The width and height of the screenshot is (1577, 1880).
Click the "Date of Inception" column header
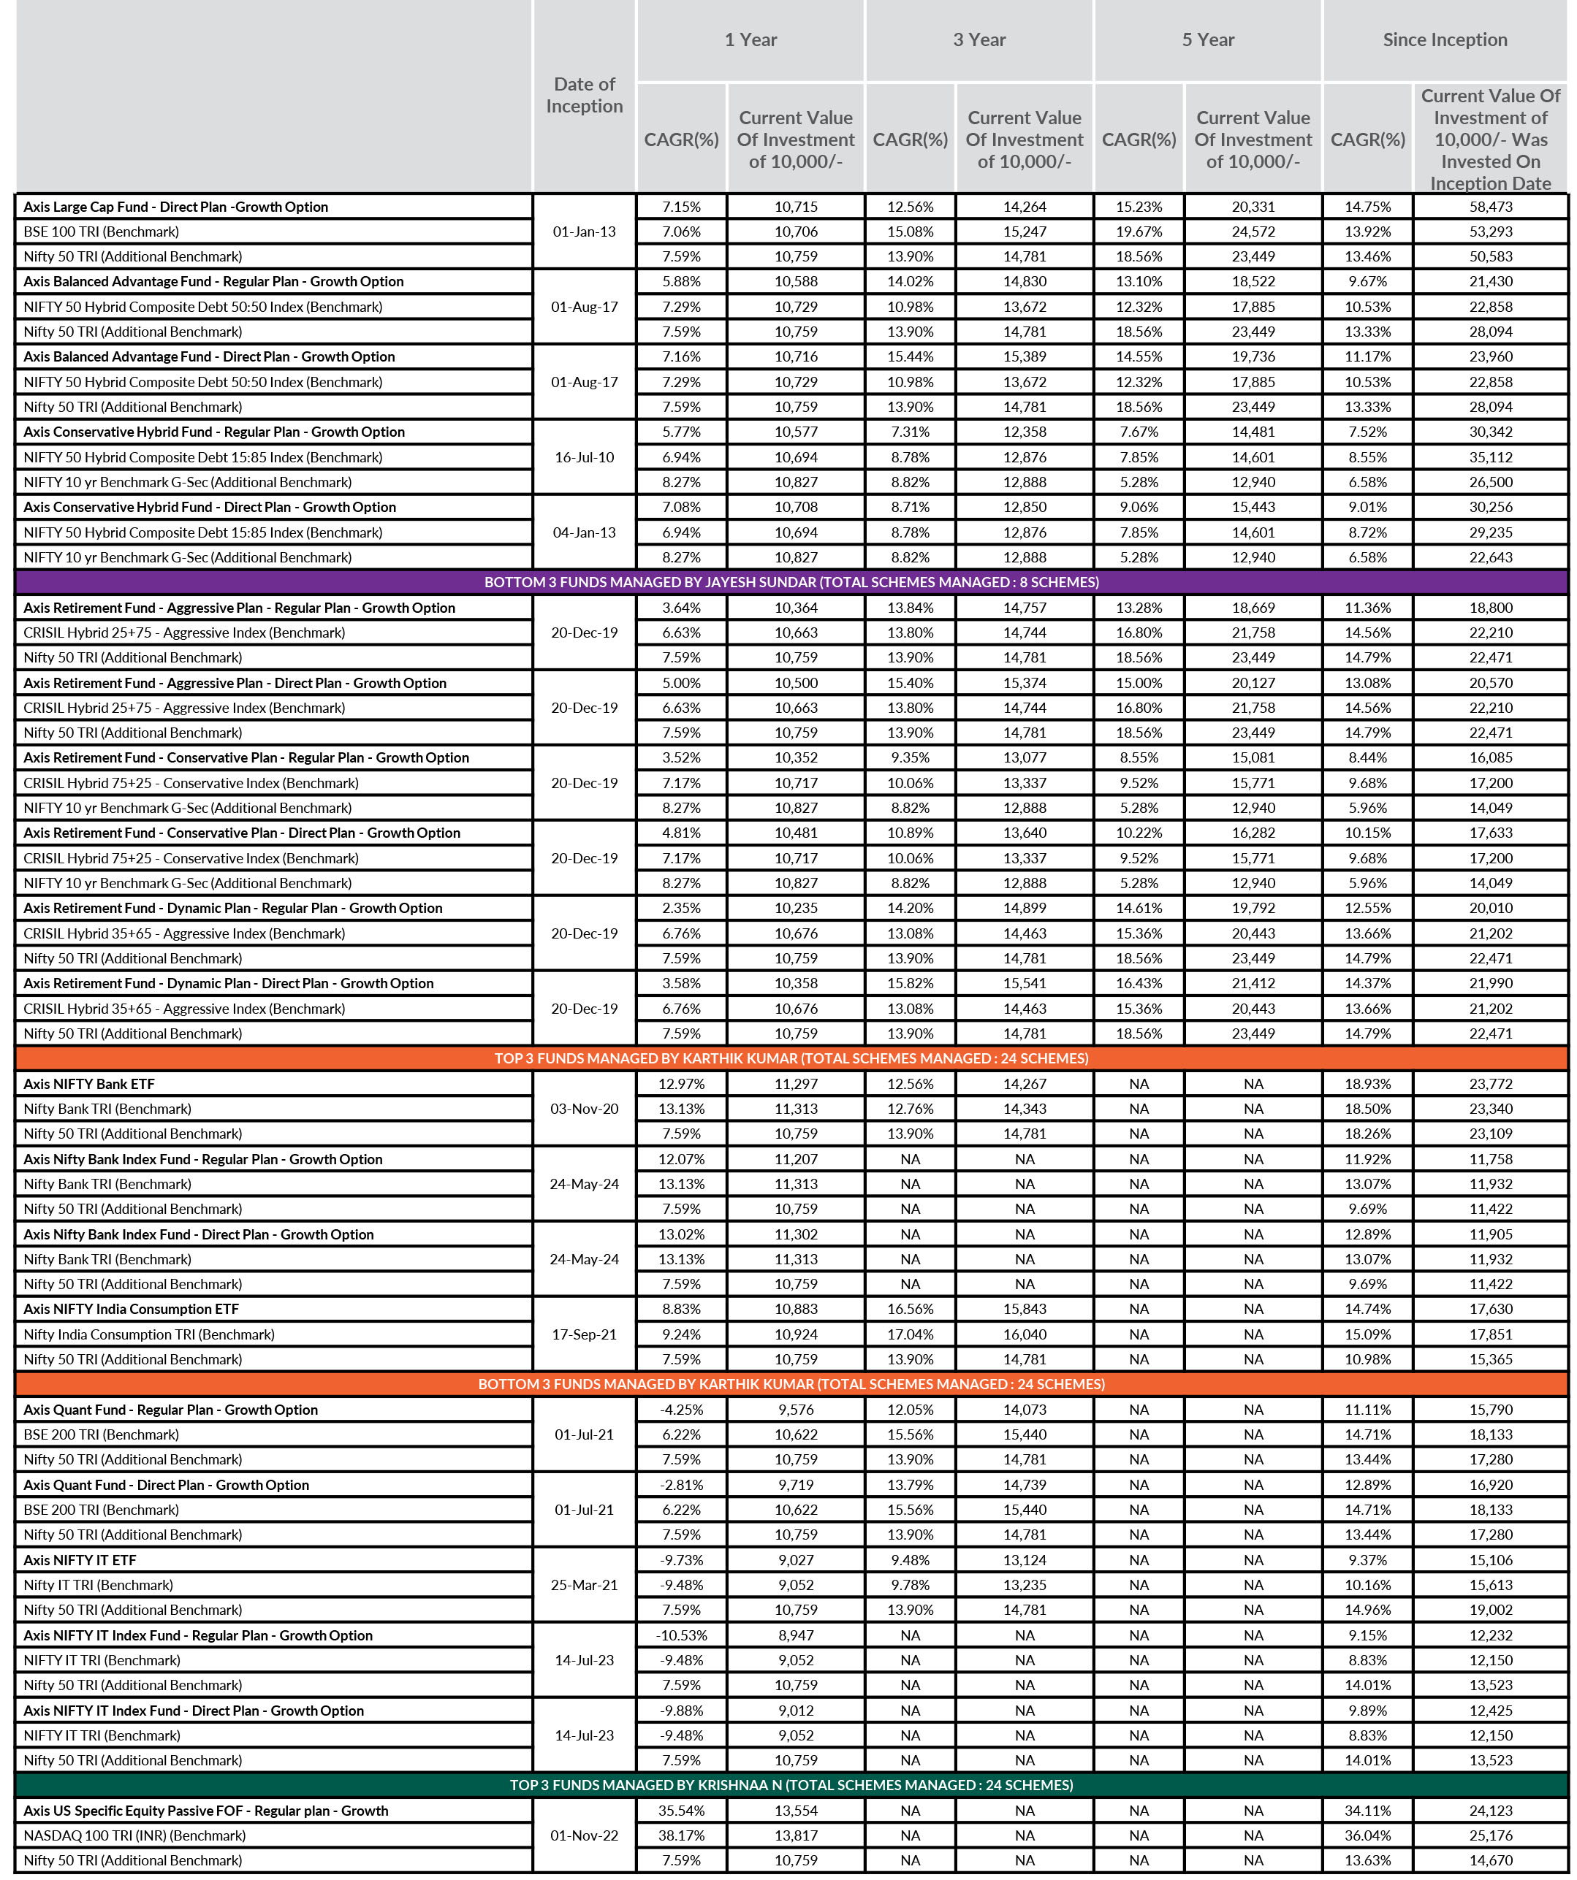point(584,95)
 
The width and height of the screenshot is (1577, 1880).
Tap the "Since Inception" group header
point(1445,39)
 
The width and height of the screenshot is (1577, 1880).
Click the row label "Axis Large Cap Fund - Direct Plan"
point(175,207)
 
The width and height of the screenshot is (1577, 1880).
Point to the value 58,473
point(1490,207)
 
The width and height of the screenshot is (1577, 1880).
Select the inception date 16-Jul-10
point(584,457)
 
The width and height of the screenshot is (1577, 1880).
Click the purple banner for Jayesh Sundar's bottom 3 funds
point(791,582)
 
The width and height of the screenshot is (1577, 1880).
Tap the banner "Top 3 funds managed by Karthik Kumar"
point(791,1058)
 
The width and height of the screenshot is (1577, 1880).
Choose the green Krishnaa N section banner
point(791,1785)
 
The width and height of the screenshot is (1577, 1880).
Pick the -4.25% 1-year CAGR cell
point(682,1410)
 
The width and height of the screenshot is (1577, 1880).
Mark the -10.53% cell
point(682,1635)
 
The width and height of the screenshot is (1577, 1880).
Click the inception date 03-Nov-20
point(584,1109)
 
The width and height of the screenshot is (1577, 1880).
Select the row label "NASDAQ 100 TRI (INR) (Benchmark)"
point(134,1835)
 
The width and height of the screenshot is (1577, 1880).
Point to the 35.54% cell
point(682,1810)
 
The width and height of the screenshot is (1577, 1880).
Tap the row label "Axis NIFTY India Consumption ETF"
point(131,1309)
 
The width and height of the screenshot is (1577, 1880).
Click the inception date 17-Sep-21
point(584,1335)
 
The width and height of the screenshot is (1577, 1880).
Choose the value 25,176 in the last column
point(1490,1835)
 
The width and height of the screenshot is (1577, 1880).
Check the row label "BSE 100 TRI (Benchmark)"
point(101,232)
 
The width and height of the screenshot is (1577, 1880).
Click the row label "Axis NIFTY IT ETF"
point(80,1560)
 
